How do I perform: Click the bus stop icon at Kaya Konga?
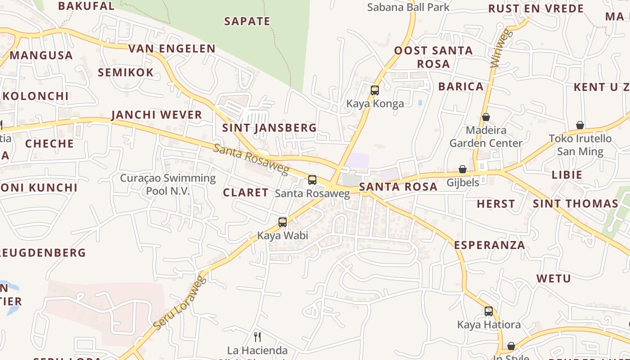375,90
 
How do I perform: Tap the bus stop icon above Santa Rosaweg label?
312,180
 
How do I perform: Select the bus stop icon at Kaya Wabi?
283,222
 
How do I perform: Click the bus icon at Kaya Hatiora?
489,311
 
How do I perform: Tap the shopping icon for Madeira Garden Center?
486,117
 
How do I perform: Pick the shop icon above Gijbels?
463,169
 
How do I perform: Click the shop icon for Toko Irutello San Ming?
580,125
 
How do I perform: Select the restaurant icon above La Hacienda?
257,337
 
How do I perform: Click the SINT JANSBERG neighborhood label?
270,128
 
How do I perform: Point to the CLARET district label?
246,193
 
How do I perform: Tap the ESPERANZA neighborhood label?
490,245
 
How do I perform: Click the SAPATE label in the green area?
247,21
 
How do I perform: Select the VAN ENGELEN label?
172,49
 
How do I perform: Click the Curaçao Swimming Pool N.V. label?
168,184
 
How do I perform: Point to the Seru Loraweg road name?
180,302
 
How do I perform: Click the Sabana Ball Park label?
408,7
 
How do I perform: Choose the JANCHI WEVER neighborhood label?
157,115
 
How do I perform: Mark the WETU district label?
553,279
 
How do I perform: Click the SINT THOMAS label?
576,204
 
